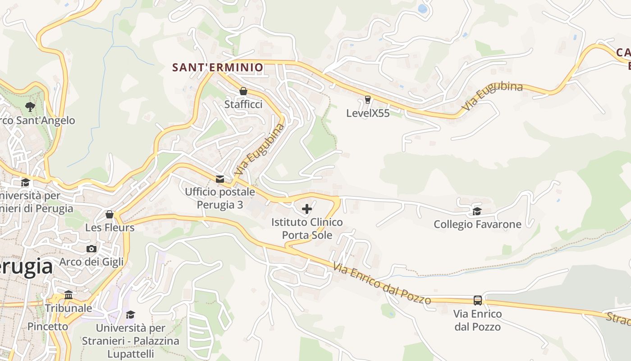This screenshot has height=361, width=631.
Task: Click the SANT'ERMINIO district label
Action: point(218,68)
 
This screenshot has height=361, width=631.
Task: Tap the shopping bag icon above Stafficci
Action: point(243,91)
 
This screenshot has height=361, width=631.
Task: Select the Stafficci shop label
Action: point(243,104)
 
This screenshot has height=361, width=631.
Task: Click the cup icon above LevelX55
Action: point(368,100)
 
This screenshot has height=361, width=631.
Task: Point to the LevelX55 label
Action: point(368,113)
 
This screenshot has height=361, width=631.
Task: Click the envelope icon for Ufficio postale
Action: point(220,179)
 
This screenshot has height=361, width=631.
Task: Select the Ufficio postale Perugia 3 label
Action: point(220,198)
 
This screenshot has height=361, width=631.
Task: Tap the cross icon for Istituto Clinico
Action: point(307,209)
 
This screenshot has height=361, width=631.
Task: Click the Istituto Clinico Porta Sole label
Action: point(307,228)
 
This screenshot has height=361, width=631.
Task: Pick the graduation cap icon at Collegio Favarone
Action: point(477,211)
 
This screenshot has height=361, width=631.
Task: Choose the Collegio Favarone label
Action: point(477,224)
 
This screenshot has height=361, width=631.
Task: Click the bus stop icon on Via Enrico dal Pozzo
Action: point(477,300)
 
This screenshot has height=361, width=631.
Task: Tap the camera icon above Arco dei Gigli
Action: point(91,249)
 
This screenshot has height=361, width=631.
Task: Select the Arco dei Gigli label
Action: point(91,262)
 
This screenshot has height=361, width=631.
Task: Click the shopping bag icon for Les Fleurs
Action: point(110,214)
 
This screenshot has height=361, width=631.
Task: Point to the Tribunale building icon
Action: point(69,295)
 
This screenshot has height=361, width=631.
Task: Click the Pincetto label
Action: point(48,326)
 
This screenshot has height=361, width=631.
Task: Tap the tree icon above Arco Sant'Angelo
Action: point(30,107)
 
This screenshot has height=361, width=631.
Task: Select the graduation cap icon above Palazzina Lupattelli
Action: point(130,314)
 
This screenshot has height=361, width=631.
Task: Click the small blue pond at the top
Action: point(422,9)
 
